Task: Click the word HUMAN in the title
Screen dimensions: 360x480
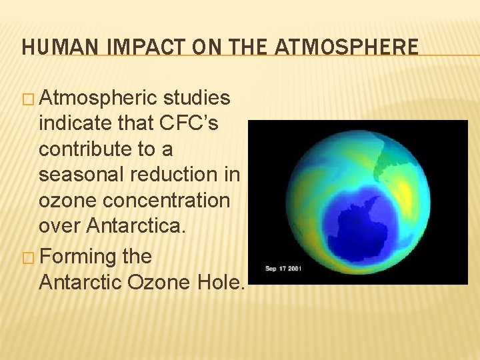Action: coord(51,47)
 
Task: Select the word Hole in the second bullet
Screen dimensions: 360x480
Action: coord(221,282)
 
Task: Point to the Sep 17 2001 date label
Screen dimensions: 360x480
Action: coord(283,269)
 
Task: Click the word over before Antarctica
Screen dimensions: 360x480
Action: coord(60,226)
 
